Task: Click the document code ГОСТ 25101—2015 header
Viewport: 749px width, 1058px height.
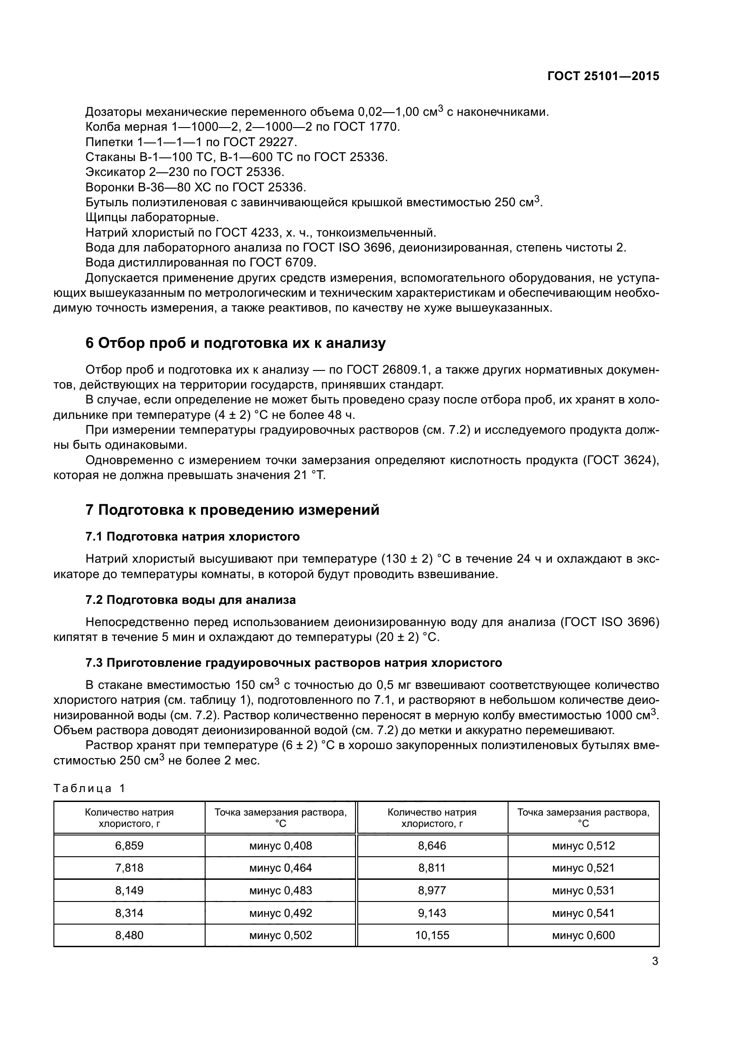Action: click(603, 76)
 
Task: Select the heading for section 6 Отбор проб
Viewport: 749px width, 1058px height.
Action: click(235, 343)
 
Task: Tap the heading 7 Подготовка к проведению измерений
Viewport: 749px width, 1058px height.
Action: click(232, 510)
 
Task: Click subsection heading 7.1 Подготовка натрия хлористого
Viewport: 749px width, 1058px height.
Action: click(192, 537)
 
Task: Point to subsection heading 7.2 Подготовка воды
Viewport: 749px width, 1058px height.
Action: click(191, 600)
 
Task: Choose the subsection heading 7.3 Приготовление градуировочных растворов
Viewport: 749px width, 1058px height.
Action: click(294, 663)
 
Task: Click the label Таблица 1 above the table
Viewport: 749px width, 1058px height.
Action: click(90, 788)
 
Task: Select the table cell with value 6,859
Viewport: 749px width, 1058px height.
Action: click(129, 846)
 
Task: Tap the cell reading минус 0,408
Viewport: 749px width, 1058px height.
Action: click(280, 846)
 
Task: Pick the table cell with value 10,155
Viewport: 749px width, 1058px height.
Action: click(432, 935)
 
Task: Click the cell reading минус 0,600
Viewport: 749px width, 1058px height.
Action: click(583, 935)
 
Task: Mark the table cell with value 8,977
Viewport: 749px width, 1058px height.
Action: click(432, 891)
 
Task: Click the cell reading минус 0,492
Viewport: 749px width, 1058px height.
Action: click(280, 913)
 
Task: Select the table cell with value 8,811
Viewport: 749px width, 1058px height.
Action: click(432, 868)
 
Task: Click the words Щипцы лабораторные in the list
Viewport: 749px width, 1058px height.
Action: click(152, 218)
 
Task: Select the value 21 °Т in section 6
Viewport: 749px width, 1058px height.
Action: click(309, 475)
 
